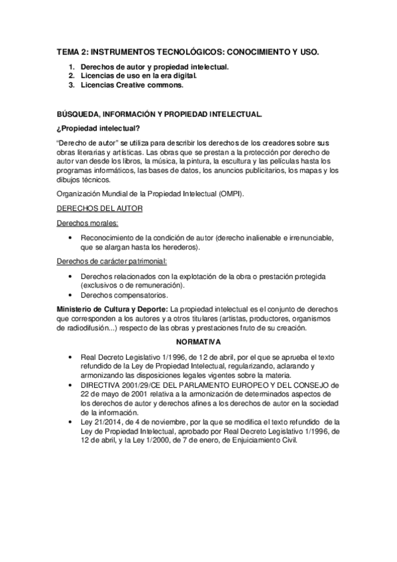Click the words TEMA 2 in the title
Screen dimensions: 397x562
click(70, 51)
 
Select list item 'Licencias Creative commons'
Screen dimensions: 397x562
click(132, 85)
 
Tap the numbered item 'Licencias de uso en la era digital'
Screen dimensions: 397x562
click(139, 76)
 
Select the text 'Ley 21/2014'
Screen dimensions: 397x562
click(98, 420)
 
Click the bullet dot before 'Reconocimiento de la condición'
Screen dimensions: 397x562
click(70, 237)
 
